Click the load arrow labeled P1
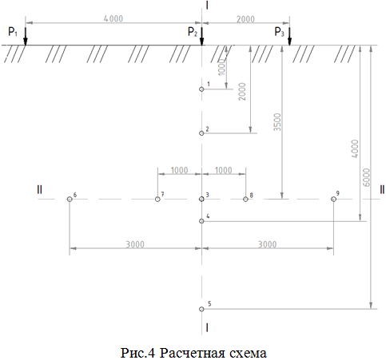pos(26,36)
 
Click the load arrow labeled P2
pos(201,36)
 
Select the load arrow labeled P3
pos(289,36)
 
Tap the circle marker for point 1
pos(201,89)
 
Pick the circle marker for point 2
pos(201,133)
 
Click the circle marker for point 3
pos(201,199)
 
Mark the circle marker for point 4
pos(201,221)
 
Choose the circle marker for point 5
pos(201,309)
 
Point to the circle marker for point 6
pos(70,199)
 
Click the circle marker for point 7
pos(157,199)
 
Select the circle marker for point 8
pos(245,199)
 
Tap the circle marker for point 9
pos(333,199)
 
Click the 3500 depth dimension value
pos(277,122)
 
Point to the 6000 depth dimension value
pos(367,177)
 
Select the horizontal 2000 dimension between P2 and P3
pos(245,19)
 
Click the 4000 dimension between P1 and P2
pos(113,18)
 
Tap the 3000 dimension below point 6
pos(135,244)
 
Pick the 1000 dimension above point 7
pos(179,170)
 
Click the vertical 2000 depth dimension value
pos(242,91)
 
